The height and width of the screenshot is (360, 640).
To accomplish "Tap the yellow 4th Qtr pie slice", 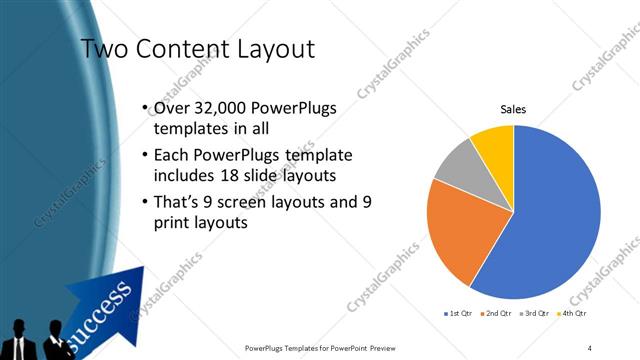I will [493, 143].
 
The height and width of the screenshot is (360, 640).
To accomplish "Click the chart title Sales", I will [513, 109].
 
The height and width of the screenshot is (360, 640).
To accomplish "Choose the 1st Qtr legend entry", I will [459, 313].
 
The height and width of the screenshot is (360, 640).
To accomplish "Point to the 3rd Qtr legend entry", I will [534, 313].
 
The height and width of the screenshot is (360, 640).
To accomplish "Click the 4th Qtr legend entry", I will [571, 313].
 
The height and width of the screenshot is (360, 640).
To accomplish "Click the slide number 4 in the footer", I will [590, 347].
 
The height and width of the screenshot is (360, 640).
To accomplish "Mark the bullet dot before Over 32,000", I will [146, 108].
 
